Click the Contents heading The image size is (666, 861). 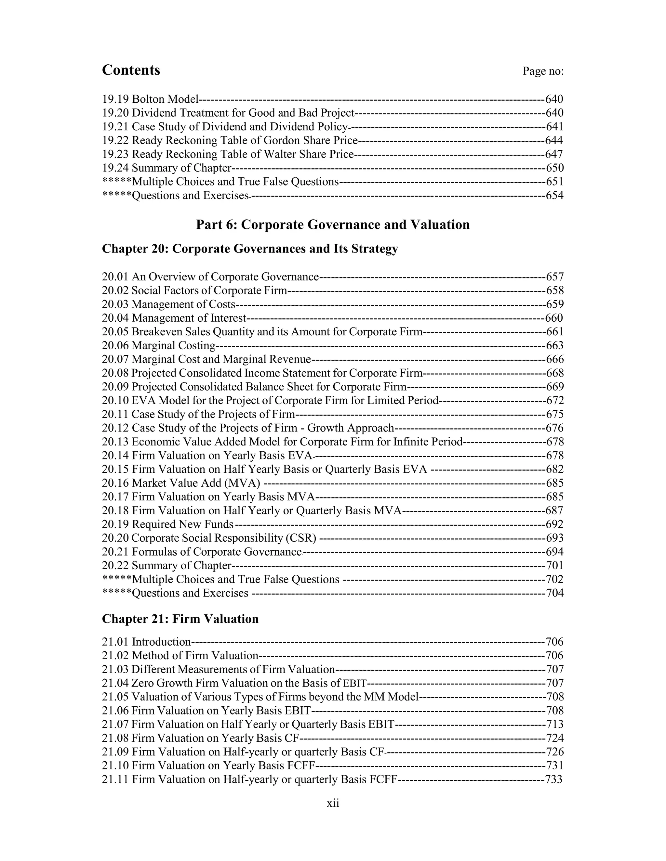[x=131, y=70]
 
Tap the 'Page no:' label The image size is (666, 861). [x=543, y=71]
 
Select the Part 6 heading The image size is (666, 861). [x=333, y=225]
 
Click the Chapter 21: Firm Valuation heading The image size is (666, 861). [x=180, y=619]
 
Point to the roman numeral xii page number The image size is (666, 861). [x=333, y=803]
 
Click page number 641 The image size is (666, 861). [x=555, y=126]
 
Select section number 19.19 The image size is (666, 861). [x=115, y=99]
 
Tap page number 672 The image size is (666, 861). [x=555, y=401]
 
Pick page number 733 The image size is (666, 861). [x=554, y=779]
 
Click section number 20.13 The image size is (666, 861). [x=115, y=442]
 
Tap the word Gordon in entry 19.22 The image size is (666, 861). [x=279, y=140]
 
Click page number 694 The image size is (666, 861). [x=555, y=552]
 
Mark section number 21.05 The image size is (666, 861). [x=115, y=697]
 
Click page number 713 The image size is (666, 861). [x=555, y=725]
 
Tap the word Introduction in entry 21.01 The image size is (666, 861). [x=161, y=642]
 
